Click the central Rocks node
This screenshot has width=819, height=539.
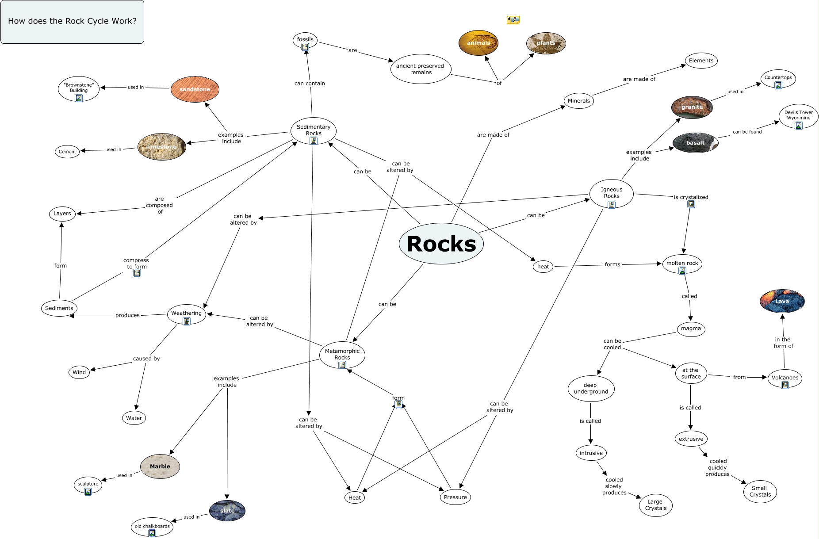coord(441,244)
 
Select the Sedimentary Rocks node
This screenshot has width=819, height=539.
coord(314,130)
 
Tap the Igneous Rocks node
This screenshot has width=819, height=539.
coord(611,193)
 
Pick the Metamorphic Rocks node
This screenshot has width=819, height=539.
coord(342,355)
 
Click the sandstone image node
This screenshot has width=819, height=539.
coord(195,89)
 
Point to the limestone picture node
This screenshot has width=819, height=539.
coord(162,146)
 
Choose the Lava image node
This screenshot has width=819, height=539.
coord(782,301)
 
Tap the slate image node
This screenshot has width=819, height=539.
coord(227,511)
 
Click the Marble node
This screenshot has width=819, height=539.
coord(160,466)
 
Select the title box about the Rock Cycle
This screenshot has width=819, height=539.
coord(72,22)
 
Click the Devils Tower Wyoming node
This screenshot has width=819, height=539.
coord(798,116)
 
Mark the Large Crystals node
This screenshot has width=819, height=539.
coord(655,505)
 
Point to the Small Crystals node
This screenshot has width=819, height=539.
coord(760,491)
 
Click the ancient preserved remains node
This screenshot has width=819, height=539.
coord(421,69)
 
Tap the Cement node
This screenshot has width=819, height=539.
coord(67,152)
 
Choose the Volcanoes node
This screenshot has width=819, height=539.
coord(785,378)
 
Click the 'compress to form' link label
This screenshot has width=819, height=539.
coord(136,264)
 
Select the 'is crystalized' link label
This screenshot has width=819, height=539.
coord(691,197)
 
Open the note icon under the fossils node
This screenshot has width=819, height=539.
coord(305,46)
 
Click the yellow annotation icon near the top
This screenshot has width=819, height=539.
coord(513,20)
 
